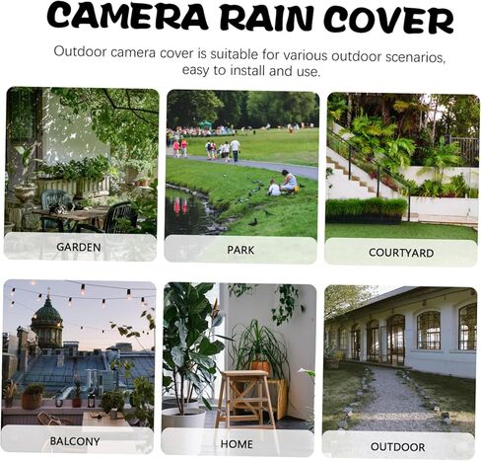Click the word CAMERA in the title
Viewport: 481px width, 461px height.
(127, 16)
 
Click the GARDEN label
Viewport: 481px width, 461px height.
(79, 247)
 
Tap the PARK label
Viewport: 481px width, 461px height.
(240, 250)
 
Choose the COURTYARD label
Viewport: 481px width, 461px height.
(401, 253)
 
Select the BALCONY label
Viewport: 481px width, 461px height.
(75, 441)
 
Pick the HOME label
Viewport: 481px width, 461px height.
(237, 444)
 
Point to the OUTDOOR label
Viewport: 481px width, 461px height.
(397, 447)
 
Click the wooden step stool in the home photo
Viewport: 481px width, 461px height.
(245, 398)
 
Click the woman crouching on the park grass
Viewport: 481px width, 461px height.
(289, 182)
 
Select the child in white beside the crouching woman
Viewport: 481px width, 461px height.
(274, 188)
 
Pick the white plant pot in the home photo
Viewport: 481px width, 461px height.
(184, 418)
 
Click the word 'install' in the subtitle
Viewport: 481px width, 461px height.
(248, 71)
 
